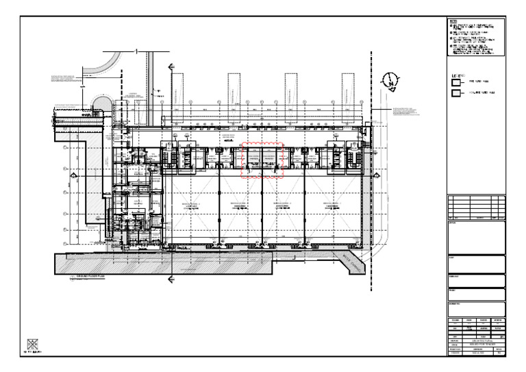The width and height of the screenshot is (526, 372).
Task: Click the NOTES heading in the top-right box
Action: point(453,22)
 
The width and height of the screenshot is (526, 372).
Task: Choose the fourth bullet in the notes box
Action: point(451,46)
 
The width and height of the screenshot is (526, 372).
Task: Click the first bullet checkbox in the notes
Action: point(451,25)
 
